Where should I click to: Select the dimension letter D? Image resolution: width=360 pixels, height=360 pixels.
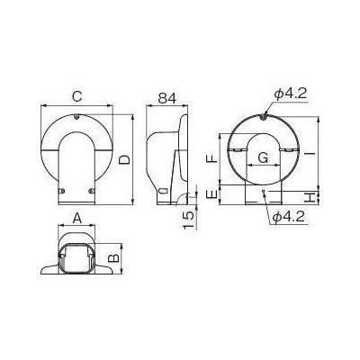click(125, 158)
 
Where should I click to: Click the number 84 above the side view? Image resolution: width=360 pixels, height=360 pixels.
click(167, 97)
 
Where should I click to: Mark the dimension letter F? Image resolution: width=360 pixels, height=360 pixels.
click(211, 158)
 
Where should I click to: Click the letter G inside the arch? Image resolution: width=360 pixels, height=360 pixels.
click(263, 158)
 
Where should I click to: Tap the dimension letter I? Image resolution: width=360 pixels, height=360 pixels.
click(309, 155)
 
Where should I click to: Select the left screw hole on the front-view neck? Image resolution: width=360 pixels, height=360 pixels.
click(66, 191)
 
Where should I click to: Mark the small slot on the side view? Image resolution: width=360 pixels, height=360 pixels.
click(161, 192)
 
